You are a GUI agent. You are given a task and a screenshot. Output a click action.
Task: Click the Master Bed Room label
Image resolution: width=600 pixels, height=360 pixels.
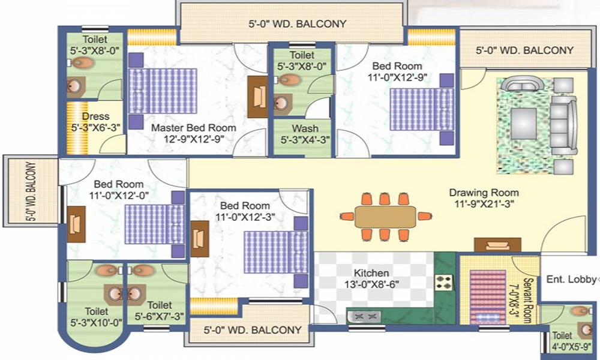(x=193, y=128)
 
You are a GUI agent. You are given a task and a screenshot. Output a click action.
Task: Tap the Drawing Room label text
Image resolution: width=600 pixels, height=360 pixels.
(x=484, y=193)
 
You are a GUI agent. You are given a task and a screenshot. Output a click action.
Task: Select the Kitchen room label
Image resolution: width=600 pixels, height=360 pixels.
(x=371, y=273)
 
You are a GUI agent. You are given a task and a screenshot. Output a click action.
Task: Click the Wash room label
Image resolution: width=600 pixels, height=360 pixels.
(x=305, y=129)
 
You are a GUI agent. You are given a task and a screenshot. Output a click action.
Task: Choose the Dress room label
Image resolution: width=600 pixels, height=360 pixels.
(x=95, y=116)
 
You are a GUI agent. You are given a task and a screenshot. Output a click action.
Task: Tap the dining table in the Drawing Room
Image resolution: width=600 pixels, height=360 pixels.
(x=385, y=217)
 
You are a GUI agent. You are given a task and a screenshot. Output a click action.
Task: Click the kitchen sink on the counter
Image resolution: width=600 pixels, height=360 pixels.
(x=365, y=316)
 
